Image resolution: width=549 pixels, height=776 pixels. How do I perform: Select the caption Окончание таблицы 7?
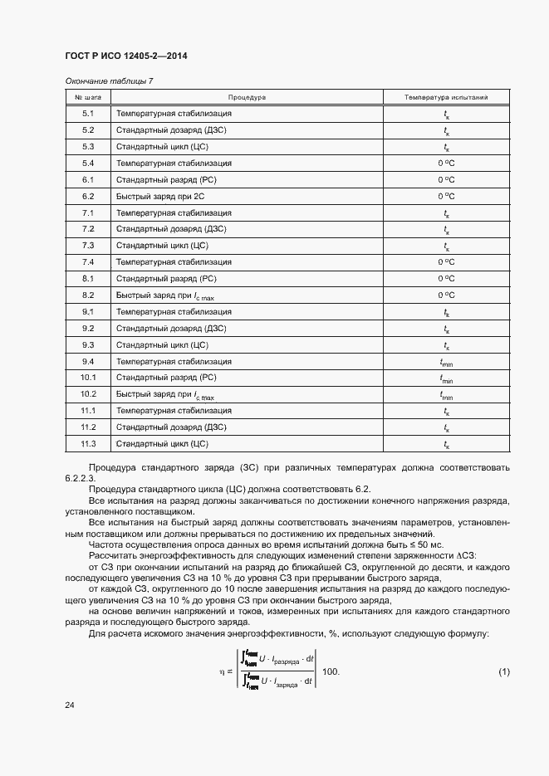[x=109, y=81]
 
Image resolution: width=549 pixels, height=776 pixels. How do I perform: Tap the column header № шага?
[x=87, y=97]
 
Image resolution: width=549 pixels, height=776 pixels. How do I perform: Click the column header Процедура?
[x=247, y=97]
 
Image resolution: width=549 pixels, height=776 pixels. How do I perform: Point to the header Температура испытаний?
[x=446, y=97]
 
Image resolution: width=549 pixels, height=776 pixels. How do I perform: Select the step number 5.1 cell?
[x=88, y=114]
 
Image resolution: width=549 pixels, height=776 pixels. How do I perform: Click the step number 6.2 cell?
[x=88, y=197]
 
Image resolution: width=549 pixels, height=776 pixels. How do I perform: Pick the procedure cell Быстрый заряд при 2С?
[x=159, y=197]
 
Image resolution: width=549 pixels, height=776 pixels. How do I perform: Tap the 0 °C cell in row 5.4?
[x=446, y=163]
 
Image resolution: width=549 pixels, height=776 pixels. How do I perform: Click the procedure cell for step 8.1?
[x=166, y=279]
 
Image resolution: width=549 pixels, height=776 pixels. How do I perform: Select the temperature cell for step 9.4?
[x=446, y=362]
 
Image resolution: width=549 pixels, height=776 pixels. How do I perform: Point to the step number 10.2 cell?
[x=88, y=394]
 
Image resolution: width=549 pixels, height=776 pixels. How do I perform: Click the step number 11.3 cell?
[x=88, y=444]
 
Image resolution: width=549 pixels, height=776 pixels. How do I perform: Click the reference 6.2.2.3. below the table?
[x=81, y=479]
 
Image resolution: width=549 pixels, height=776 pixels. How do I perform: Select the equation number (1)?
[x=503, y=671]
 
